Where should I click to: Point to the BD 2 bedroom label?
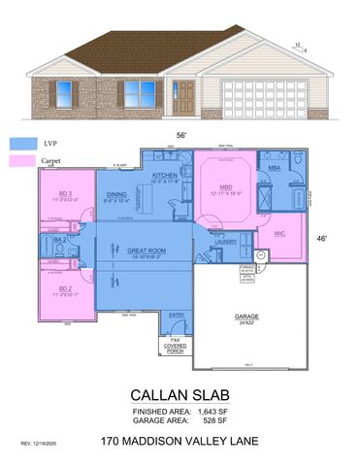(66, 288)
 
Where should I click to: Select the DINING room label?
(117, 195)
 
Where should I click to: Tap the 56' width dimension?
(180, 137)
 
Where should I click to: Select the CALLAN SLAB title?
(180, 397)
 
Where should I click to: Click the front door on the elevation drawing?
(183, 96)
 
